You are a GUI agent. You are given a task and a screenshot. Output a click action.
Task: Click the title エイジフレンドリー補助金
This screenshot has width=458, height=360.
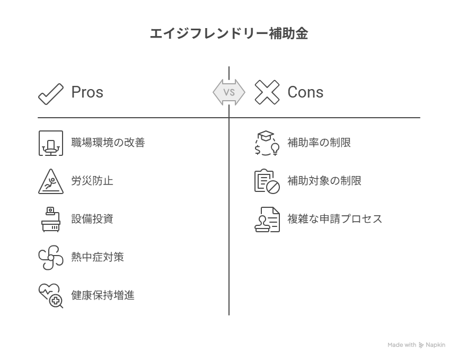click(x=229, y=33)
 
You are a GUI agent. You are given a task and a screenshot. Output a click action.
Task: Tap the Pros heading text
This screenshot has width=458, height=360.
click(x=87, y=92)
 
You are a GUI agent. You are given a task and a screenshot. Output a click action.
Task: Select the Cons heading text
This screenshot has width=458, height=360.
click(x=305, y=92)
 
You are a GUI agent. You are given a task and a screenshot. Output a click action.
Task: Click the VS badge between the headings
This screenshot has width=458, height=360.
click(x=229, y=92)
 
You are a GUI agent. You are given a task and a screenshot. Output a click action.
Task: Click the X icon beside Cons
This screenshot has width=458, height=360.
click(x=267, y=92)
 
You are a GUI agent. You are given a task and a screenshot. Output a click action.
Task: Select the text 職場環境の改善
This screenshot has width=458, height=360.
click(x=108, y=143)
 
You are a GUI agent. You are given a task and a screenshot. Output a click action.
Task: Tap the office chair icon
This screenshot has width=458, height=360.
click(x=51, y=143)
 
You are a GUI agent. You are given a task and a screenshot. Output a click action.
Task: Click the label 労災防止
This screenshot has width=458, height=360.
click(x=92, y=181)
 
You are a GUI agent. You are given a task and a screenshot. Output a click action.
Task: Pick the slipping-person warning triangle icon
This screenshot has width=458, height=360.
click(x=51, y=181)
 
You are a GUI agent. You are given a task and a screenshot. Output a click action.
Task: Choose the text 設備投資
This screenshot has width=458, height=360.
click(x=92, y=219)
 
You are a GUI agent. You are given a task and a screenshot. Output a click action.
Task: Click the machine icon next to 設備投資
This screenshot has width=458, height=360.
click(x=51, y=219)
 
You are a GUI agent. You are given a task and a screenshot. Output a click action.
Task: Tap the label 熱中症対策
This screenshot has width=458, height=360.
click(x=98, y=257)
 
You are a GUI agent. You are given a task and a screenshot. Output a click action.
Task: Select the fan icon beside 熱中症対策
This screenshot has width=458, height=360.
click(x=51, y=258)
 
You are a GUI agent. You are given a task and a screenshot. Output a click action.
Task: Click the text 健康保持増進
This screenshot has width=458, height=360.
click(x=103, y=295)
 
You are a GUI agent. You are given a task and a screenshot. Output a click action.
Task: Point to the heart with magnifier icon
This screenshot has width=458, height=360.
click(x=51, y=296)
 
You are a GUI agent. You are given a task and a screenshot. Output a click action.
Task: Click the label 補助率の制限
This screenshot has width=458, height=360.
click(x=319, y=143)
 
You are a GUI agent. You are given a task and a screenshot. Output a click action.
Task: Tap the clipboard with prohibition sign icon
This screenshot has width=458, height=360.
click(x=267, y=181)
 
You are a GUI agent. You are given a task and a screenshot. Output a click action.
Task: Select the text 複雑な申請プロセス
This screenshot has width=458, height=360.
click(x=334, y=219)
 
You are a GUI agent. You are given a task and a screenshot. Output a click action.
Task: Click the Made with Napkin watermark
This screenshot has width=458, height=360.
click(x=416, y=345)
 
